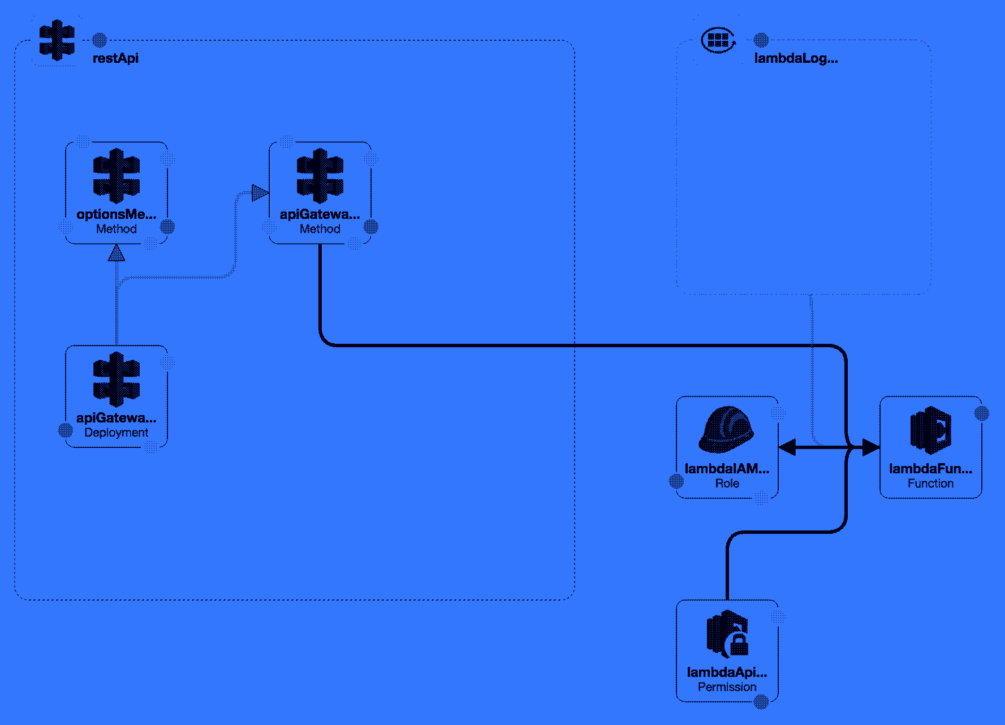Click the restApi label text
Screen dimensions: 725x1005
115,58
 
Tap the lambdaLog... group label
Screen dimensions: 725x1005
796,58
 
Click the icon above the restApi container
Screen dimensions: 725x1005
57,40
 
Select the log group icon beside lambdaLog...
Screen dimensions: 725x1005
718,40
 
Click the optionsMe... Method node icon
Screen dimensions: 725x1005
117,176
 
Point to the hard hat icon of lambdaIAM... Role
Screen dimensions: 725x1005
727,430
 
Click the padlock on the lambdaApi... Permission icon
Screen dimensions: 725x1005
739,645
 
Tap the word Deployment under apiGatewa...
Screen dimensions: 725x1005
116,433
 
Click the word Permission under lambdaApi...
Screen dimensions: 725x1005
727,687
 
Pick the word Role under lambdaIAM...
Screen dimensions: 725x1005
727,484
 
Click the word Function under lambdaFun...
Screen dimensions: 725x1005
930,484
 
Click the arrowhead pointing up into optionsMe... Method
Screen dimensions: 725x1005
117,253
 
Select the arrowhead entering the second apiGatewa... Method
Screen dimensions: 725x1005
260,193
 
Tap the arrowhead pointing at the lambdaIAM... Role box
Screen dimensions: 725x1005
787,447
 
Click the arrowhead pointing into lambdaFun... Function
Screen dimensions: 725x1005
871,447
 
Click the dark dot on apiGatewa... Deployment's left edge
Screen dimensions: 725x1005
66,430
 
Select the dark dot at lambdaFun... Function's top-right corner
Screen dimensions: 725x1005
981,413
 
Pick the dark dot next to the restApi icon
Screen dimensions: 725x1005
100,40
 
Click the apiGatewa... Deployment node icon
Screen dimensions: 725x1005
117,379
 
